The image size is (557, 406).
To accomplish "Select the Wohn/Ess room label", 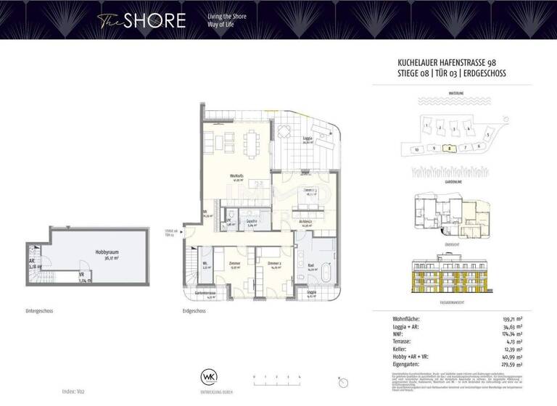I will (236, 178).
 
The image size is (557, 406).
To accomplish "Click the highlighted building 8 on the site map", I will (450, 148).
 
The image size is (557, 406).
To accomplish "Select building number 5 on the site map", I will (488, 135).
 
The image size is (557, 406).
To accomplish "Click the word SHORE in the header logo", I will (153, 20).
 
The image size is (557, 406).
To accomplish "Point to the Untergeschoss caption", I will (39, 310).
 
